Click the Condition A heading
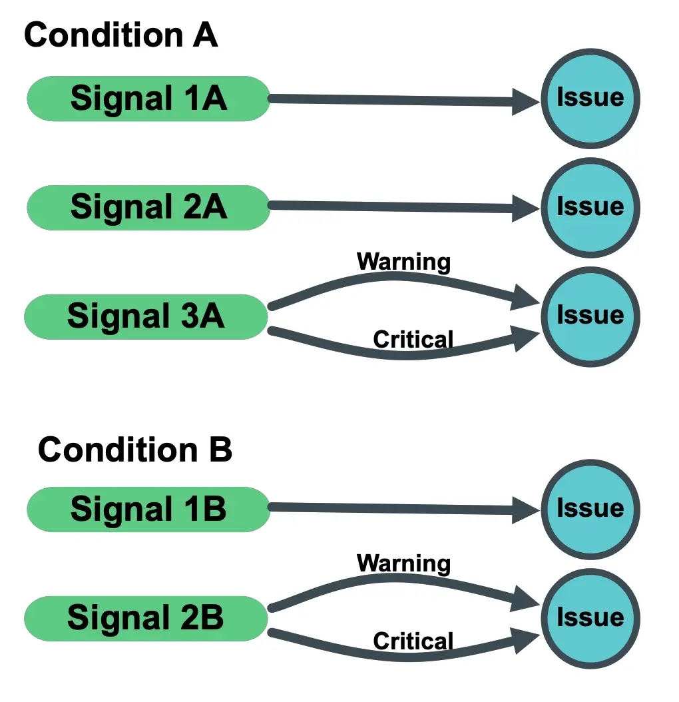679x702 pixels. (x=120, y=35)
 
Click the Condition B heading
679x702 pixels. (x=134, y=450)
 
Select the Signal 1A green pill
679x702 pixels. (x=148, y=99)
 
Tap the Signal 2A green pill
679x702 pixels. (x=148, y=207)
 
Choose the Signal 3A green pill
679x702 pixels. (x=145, y=316)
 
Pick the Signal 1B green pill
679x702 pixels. (x=148, y=510)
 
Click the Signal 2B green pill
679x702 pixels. (x=145, y=619)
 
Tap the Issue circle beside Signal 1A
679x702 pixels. (x=590, y=99)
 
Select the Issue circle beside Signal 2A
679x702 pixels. (x=590, y=207)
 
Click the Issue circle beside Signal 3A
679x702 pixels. (x=590, y=316)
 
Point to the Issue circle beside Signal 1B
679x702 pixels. (x=590, y=510)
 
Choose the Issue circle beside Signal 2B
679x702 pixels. (x=590, y=618)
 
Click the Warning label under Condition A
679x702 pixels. (x=403, y=262)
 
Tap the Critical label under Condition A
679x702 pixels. (x=413, y=340)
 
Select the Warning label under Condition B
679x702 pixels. (x=403, y=563)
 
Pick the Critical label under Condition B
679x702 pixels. (x=413, y=641)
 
